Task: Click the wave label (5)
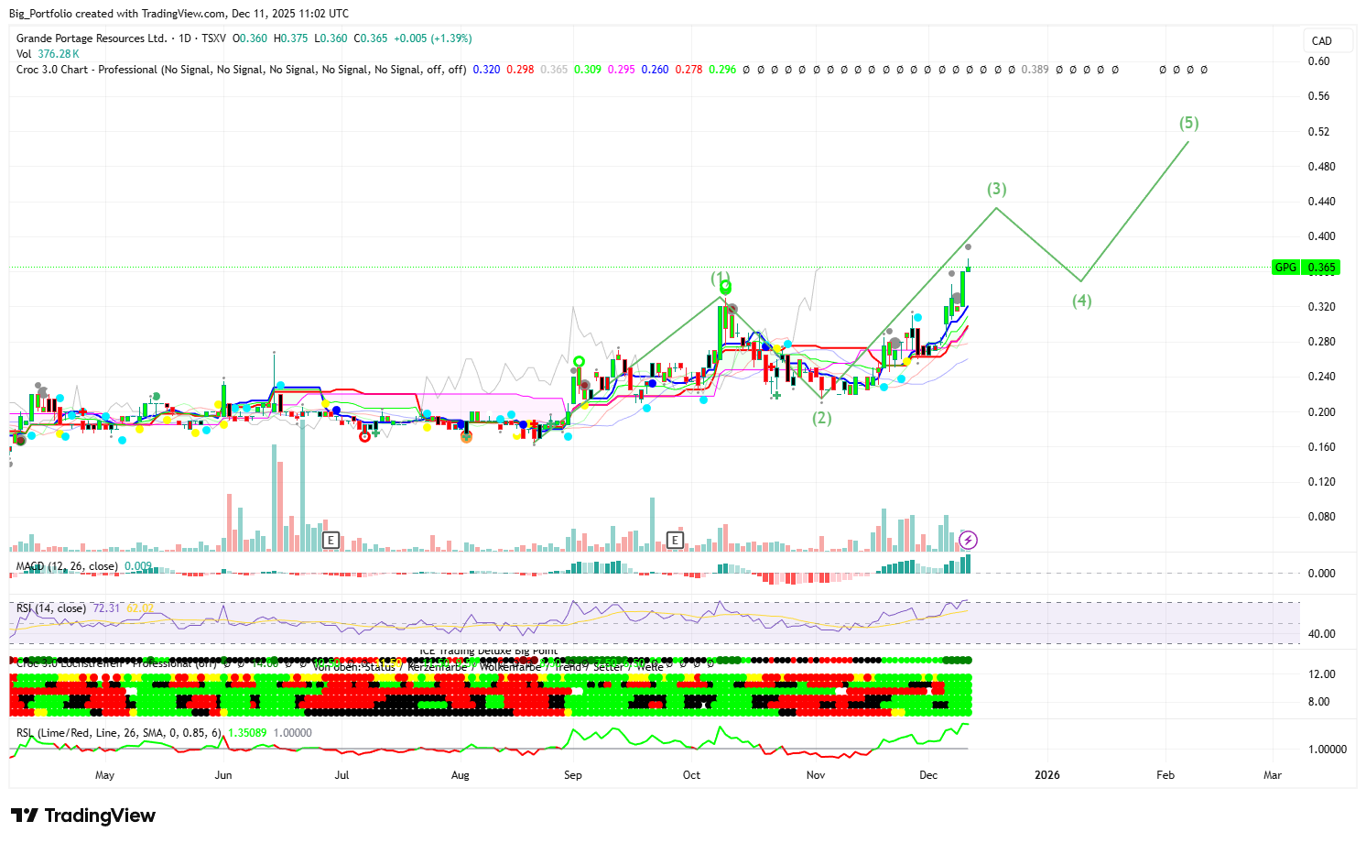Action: tap(1188, 123)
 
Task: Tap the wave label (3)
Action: tap(996, 189)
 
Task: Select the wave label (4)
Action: tap(1081, 301)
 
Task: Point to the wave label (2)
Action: tap(822, 418)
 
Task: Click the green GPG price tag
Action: tap(1306, 268)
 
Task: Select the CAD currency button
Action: tap(1321, 41)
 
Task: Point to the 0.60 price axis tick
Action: tap(1318, 61)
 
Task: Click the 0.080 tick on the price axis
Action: tap(1321, 517)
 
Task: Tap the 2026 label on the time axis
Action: tap(1046, 775)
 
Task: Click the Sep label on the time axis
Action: tap(572, 775)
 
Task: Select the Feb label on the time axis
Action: tap(1165, 775)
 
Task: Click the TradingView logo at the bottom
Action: tap(83, 816)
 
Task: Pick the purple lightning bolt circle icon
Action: tap(968, 541)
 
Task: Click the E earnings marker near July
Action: tap(331, 541)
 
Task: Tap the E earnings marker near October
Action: tap(676, 541)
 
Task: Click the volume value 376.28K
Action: tap(59, 54)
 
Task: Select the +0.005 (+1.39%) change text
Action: tap(432, 38)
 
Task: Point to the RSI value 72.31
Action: tap(106, 608)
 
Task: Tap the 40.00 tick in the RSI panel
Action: tap(1321, 634)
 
